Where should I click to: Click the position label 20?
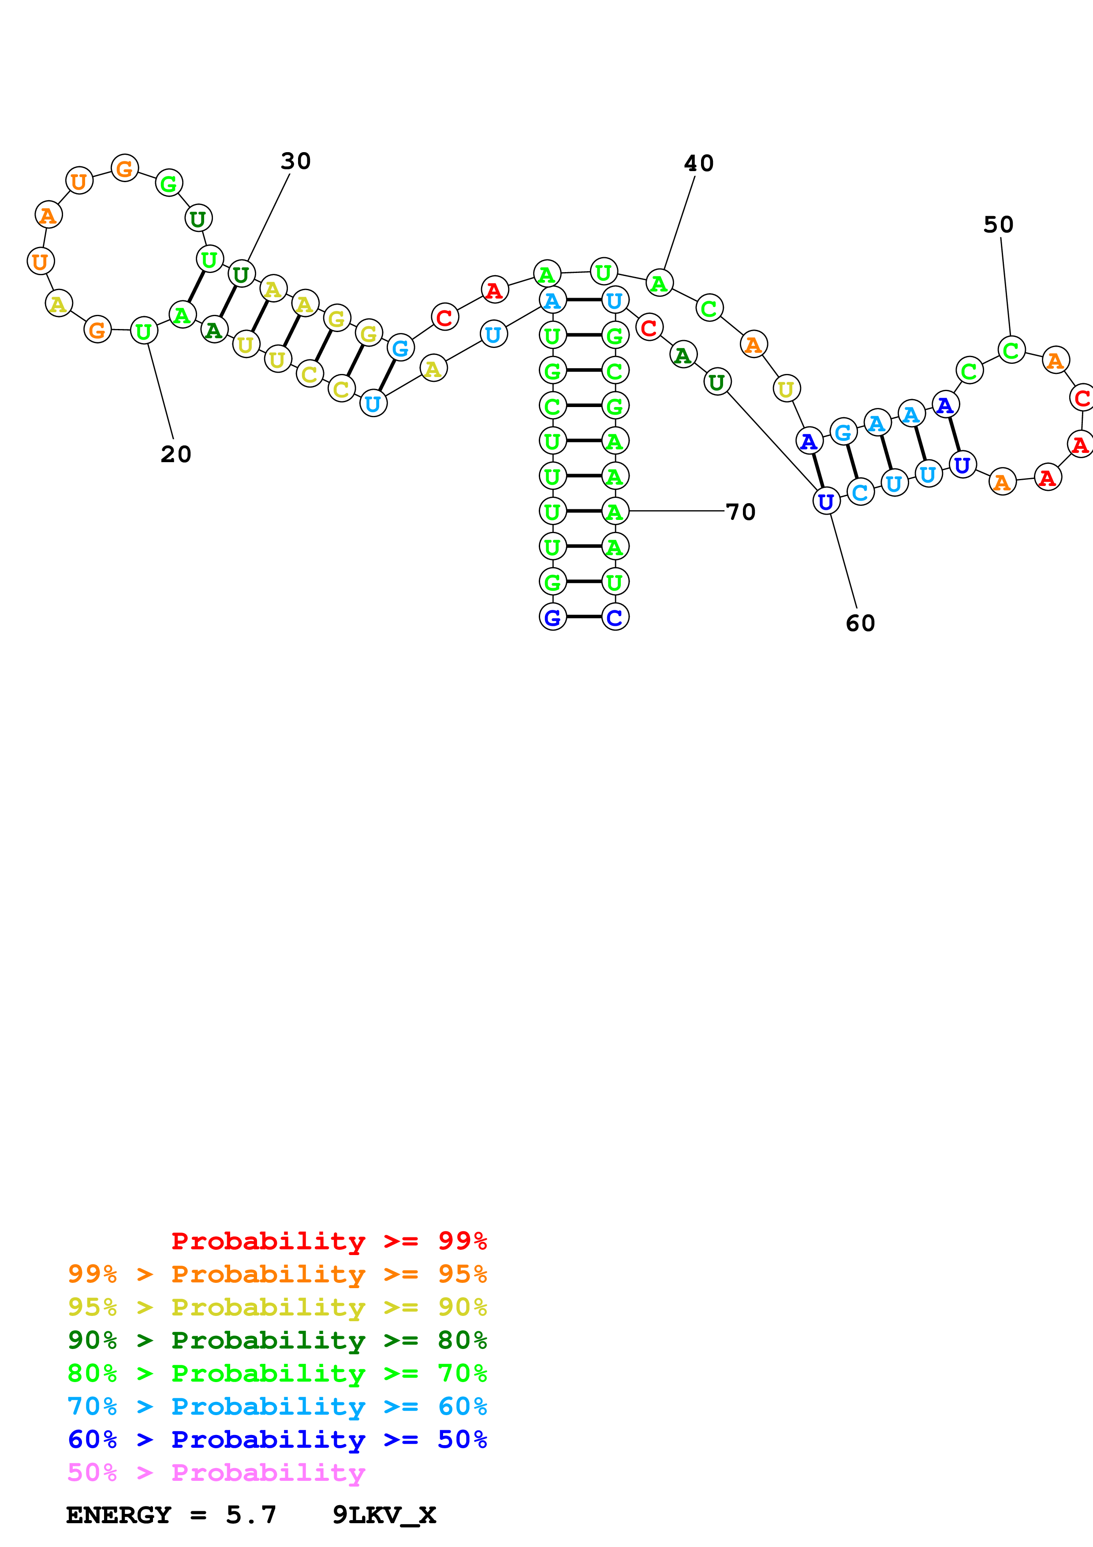click(x=176, y=454)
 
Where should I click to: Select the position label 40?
click(x=698, y=163)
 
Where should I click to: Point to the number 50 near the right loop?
click(x=998, y=224)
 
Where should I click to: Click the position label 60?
click(x=860, y=623)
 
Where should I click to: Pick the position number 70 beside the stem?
click(x=741, y=512)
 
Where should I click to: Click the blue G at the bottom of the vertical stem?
click(x=552, y=617)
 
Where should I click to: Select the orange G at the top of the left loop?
click(x=125, y=168)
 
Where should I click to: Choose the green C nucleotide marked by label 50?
click(x=1011, y=350)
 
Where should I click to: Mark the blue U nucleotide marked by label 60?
click(x=826, y=501)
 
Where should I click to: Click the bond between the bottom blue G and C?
click(x=583, y=617)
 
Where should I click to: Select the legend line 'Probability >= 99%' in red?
click(x=328, y=1241)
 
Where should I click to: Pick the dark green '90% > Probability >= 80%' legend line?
click(x=277, y=1340)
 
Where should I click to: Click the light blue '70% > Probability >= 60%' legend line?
click(x=277, y=1406)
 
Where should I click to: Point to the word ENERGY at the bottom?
click(x=119, y=1515)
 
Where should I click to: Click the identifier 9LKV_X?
click(x=384, y=1515)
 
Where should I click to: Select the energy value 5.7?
click(x=250, y=1515)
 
